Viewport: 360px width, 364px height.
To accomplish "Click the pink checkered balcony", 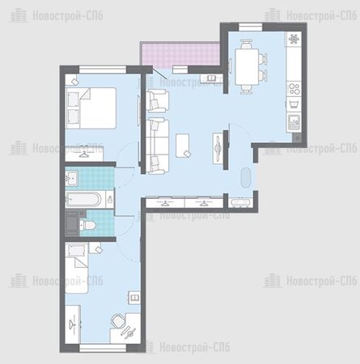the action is point(180,55).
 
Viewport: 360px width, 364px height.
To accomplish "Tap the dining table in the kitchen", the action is point(247,66).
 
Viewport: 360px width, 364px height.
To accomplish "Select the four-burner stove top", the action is point(294,89).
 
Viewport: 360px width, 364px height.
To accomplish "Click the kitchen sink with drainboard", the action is point(294,122).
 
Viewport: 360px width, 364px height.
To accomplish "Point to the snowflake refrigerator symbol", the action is point(294,40).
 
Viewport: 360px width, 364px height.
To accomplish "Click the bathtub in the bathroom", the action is point(83,200).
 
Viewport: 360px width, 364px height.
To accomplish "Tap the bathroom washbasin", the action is point(72,178).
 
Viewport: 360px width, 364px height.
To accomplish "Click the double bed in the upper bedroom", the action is point(91,108).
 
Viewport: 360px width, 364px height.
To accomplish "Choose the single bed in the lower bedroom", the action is point(77,269).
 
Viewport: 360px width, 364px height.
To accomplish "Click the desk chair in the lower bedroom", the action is point(118,321).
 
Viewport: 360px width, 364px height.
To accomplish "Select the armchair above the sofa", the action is point(157,101).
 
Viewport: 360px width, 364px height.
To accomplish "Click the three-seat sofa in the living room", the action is point(157,146).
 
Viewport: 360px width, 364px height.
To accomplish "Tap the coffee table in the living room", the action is point(182,146).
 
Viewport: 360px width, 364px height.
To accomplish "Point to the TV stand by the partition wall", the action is point(218,148).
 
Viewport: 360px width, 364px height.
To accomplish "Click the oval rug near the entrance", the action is point(246,177).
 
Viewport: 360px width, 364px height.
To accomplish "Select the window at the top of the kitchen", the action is point(251,28).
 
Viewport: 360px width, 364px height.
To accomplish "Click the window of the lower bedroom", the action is point(103,348).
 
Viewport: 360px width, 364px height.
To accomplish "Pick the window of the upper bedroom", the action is point(103,70).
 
